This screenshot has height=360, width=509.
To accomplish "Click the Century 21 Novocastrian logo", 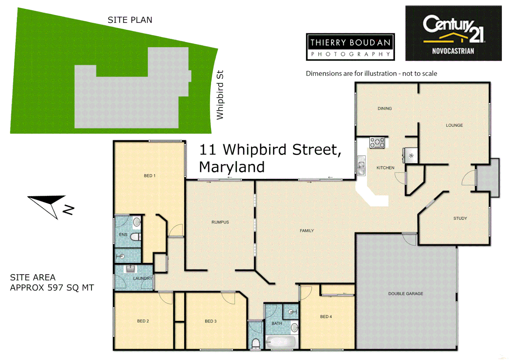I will point(453,33).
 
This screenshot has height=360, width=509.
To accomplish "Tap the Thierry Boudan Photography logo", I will point(350,47).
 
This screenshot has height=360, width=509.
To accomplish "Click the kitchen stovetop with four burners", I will point(377,143).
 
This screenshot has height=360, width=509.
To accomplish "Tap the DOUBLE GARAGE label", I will point(405,294).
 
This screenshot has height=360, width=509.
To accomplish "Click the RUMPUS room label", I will point(220,222).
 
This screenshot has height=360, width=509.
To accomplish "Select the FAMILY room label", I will point(306,231).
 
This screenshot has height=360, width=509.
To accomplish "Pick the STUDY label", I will point(460,218).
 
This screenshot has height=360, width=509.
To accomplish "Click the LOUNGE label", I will point(454,125).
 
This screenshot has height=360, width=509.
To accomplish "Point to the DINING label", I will point(384,109).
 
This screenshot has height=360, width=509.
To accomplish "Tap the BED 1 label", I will point(150,176).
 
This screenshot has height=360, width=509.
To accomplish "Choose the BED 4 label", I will point(326,317).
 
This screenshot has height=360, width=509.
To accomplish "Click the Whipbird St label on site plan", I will point(220,95).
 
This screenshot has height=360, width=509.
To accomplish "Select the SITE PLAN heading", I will point(130,20).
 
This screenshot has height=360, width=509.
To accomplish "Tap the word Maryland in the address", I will point(232,167).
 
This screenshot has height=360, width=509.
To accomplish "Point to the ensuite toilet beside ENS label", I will point(135,237).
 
